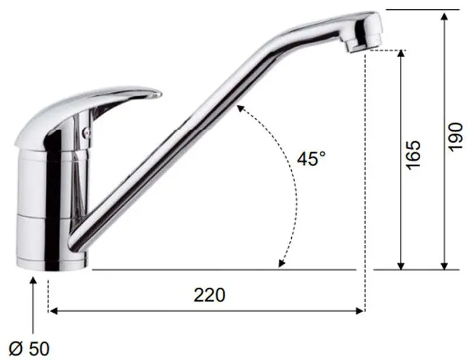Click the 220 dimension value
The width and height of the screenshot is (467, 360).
pos(209,295)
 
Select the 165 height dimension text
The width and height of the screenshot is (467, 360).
pos(413,154)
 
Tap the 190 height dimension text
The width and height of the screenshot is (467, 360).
pos(456,136)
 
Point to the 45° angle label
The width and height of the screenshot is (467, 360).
pos(311,159)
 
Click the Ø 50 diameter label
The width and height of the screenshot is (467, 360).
pos(30,349)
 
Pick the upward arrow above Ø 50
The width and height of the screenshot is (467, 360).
pos(33,282)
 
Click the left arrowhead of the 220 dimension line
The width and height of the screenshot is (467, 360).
pos(53,310)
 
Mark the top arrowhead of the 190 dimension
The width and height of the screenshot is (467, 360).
pos(445,16)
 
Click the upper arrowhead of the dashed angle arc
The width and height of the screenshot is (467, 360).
pos(239,107)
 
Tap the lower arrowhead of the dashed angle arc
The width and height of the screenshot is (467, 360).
pos(281,264)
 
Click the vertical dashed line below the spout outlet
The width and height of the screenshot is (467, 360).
pos(365,175)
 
